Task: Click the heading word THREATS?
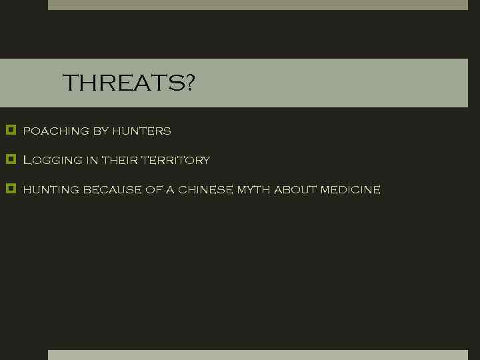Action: pos(128,84)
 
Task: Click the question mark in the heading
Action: pos(189,84)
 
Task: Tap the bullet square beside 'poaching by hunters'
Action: pos(10,130)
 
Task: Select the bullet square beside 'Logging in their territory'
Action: pos(10,159)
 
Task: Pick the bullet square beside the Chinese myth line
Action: pos(10,189)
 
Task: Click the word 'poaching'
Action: pos(56,131)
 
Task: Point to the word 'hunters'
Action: pos(141,131)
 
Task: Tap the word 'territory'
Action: pos(175,161)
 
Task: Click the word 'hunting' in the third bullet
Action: pos(51,190)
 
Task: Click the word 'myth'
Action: pos(253,190)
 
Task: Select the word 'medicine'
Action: pos(350,190)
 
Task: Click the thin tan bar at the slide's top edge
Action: pos(257,5)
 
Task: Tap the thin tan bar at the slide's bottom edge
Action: pos(257,355)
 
